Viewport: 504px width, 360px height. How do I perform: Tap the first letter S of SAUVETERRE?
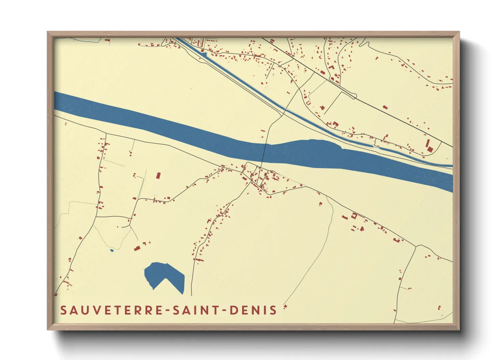[63, 310]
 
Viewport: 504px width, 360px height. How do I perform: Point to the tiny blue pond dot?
[112, 251]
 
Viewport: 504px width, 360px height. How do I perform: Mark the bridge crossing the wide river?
[264, 153]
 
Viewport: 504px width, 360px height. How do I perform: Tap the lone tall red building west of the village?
[158, 176]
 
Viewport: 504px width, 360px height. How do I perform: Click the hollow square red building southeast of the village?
[354, 215]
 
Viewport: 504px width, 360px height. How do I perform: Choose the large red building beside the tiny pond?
[137, 248]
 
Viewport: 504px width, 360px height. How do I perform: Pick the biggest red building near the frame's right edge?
[429, 146]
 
